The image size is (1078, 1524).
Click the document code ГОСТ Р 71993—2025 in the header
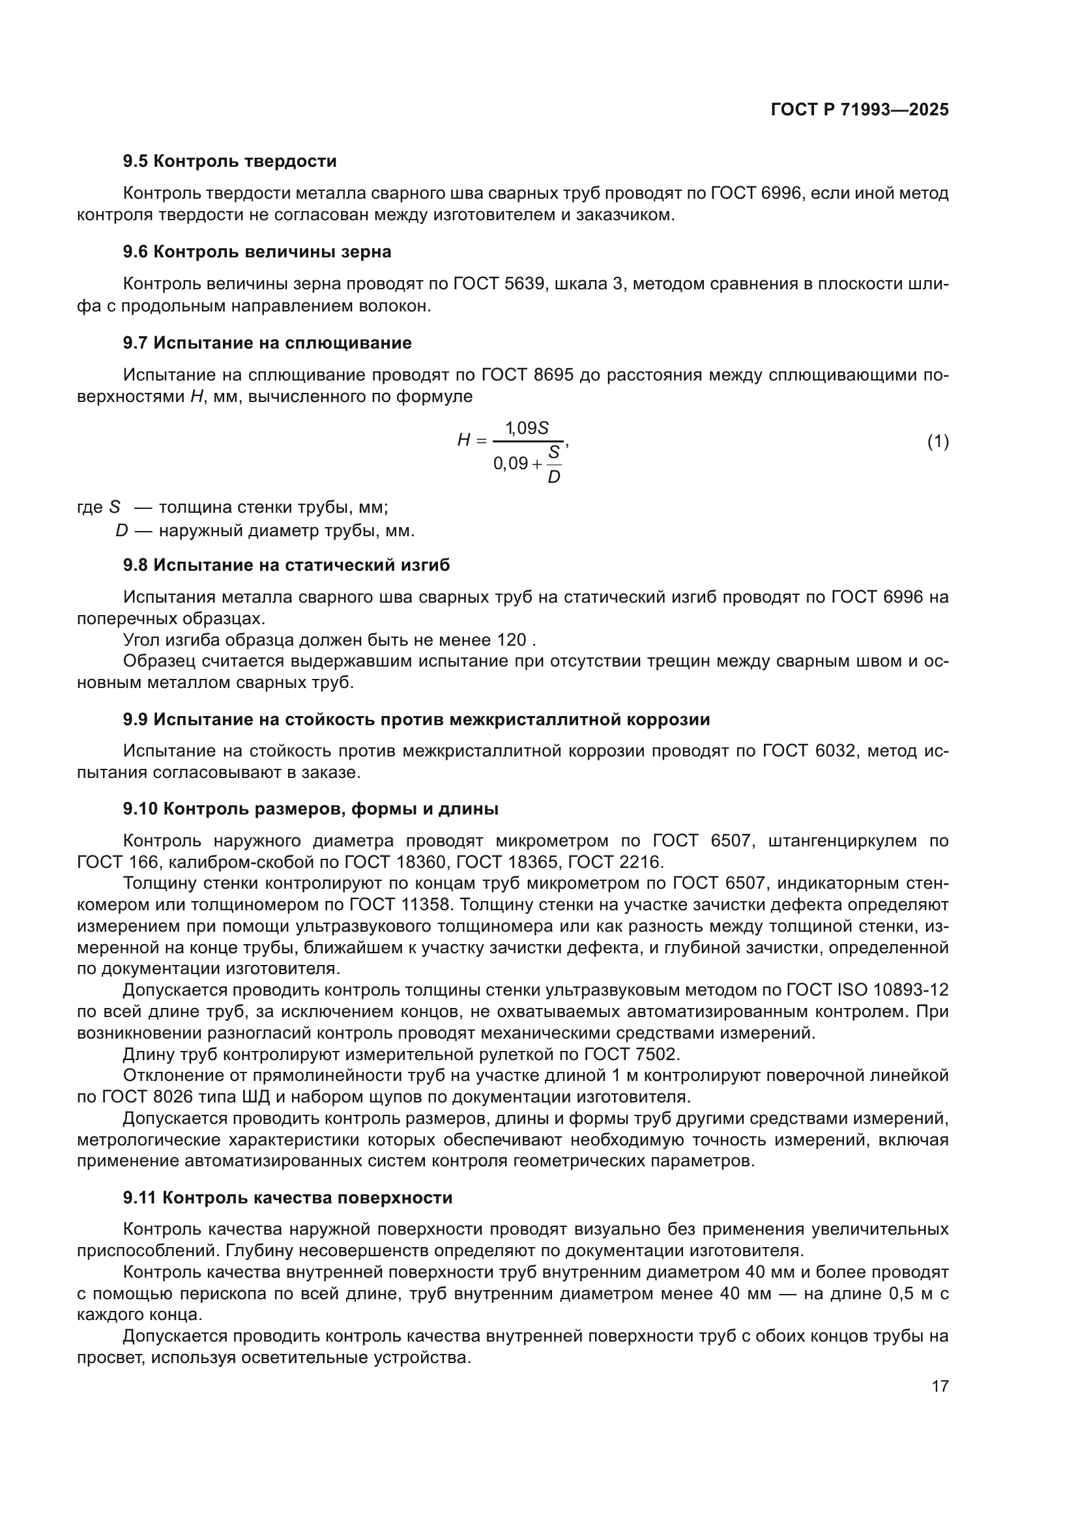(860, 110)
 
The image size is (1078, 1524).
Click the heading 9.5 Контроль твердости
(229, 162)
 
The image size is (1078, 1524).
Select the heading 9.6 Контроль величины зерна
(257, 252)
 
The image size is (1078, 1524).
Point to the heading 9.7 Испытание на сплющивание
(267, 343)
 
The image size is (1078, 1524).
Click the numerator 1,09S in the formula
(527, 428)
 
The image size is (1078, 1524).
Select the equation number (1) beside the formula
(937, 441)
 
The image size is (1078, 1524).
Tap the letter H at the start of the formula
(463, 440)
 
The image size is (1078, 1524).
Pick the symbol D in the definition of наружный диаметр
(121, 531)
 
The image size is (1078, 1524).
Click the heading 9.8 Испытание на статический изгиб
(286, 565)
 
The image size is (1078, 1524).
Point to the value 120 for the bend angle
(512, 640)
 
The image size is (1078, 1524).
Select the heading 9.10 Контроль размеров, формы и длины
(311, 809)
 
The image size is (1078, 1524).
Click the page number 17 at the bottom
(940, 1386)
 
